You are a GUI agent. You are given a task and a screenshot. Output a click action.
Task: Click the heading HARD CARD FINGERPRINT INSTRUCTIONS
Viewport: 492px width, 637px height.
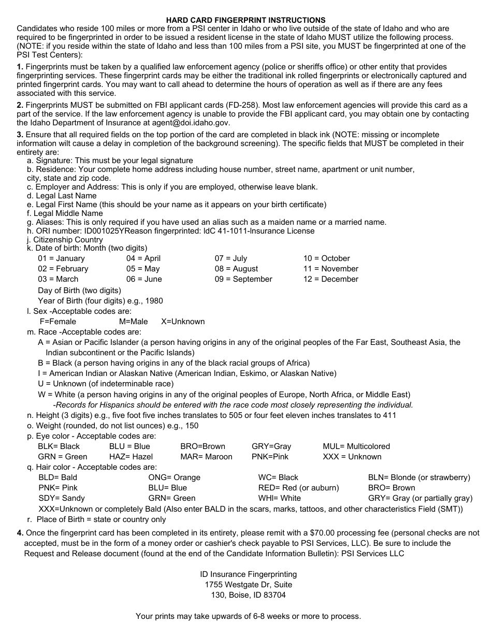245,20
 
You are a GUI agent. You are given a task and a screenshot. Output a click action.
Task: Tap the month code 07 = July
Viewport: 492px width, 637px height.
231,258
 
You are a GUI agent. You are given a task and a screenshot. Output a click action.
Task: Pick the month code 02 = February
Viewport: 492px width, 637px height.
63,269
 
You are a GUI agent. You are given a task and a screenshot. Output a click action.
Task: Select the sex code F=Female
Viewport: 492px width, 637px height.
58,322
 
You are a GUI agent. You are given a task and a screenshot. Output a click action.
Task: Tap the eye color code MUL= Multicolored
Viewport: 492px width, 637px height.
356,446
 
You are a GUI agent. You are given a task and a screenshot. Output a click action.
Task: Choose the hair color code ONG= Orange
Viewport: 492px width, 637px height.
174,477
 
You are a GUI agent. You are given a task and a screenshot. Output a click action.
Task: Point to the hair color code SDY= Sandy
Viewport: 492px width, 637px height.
62,498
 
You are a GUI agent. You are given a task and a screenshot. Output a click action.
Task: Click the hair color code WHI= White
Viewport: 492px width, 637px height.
279,498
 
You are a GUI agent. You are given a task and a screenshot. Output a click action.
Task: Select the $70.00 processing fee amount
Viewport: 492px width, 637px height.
325,533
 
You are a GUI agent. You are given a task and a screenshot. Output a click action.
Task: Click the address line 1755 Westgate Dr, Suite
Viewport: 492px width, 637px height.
249,585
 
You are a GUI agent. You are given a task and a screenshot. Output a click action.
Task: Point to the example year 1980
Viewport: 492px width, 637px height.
154,301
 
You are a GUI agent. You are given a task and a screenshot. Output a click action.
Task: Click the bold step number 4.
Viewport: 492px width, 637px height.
20,533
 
